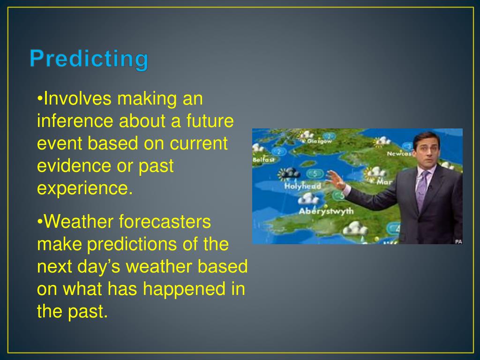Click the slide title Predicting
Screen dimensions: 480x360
tap(89, 59)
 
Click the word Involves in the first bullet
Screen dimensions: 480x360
tap(77, 98)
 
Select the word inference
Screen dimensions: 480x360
tap(75, 121)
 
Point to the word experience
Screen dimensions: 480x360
tap(85, 188)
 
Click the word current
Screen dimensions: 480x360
tap(199, 143)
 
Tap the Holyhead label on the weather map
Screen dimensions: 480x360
tap(302, 186)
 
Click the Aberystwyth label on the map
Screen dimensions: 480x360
tap(326, 211)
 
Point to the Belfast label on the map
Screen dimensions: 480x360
tap(263, 160)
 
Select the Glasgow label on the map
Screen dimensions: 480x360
tap(319, 141)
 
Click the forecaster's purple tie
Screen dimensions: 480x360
tap(422, 189)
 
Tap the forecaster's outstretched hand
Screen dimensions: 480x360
tap(336, 180)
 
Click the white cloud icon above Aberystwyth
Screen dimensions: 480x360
tap(308, 199)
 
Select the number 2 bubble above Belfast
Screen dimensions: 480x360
tap(278, 151)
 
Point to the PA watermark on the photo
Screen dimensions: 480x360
tap(458, 241)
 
